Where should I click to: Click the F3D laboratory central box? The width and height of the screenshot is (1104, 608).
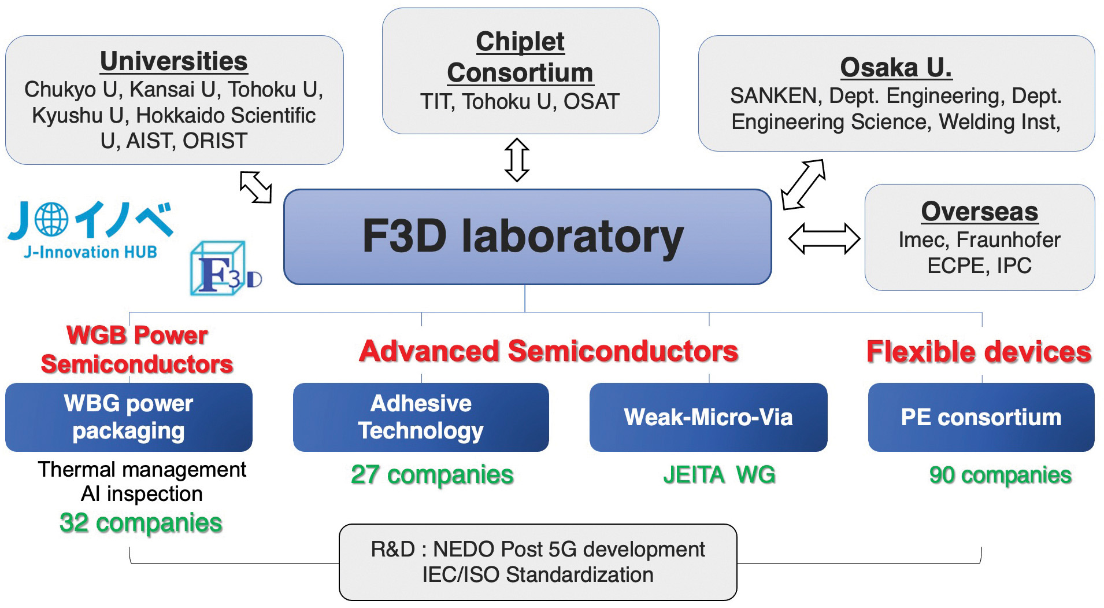click(527, 237)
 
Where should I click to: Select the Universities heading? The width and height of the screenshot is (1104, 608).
click(173, 61)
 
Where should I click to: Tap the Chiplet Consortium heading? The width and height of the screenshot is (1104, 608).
click(520, 57)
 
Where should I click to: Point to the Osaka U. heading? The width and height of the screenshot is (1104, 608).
click(895, 68)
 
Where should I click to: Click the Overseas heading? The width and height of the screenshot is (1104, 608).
click(979, 212)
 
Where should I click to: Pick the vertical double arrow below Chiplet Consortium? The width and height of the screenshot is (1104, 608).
click(517, 160)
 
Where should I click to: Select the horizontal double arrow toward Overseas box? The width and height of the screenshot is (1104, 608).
click(824, 238)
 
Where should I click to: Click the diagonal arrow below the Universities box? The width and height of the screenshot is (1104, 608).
click(255, 187)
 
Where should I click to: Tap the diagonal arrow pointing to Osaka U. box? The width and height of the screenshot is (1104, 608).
click(803, 184)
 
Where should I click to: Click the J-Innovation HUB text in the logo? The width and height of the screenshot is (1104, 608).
click(90, 252)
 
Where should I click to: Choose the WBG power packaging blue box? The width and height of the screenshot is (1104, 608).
click(128, 417)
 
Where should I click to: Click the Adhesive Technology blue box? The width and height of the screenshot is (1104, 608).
click(420, 417)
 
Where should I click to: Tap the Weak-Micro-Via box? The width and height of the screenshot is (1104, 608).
click(708, 417)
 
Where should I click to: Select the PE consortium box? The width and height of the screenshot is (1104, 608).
click(981, 417)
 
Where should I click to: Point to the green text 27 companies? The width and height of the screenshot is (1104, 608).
click(432, 475)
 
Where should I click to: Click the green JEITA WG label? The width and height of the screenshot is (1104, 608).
click(718, 475)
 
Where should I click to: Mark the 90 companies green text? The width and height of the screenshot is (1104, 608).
click(1000, 475)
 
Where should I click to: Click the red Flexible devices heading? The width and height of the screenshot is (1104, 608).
click(979, 352)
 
